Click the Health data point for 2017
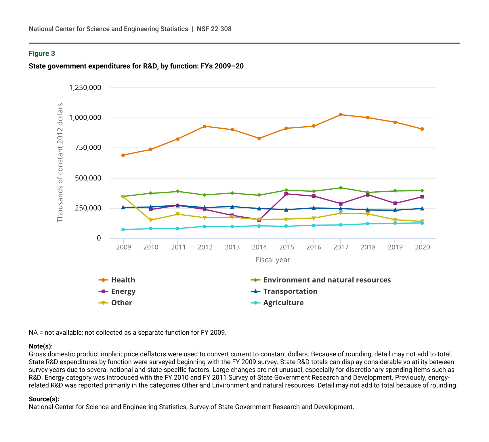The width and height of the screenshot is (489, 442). click(x=341, y=115)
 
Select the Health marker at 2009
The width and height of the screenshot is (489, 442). click(x=123, y=155)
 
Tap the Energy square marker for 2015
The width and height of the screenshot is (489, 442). click(x=286, y=194)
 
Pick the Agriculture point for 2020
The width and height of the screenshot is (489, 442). click(x=422, y=223)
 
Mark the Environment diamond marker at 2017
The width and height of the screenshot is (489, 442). click(x=341, y=188)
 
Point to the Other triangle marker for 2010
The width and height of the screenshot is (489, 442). click(x=150, y=220)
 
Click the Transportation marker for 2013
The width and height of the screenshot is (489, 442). click(x=232, y=207)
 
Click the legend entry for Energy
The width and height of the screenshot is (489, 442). click(x=123, y=291)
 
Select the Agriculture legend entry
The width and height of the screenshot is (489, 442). click(x=283, y=303)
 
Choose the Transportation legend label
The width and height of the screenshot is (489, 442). click(x=290, y=291)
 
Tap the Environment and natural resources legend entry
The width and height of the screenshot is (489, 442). click(x=327, y=280)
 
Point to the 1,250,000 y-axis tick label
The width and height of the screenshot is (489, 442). click(x=85, y=87)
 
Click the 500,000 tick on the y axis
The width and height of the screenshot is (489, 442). click(x=88, y=178)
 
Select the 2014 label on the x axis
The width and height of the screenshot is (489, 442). click(x=259, y=247)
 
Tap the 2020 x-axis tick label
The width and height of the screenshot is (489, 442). click(x=422, y=247)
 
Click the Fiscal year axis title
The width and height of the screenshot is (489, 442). click(x=273, y=260)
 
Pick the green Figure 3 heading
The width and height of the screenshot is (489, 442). click(x=42, y=54)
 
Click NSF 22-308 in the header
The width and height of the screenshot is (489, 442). click(x=214, y=29)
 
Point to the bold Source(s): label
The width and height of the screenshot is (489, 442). click(x=44, y=399)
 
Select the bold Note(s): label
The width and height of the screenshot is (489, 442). click(x=41, y=346)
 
